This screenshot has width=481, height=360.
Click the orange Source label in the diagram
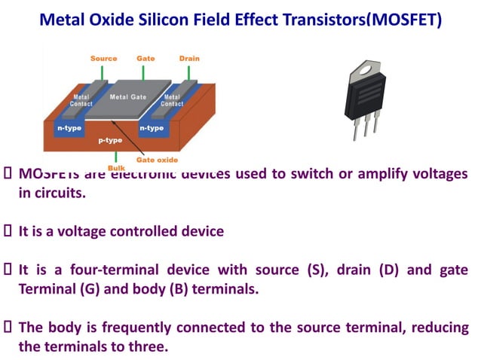[103, 58]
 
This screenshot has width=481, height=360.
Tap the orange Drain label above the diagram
[189, 58]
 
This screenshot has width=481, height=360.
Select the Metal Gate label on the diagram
[128, 96]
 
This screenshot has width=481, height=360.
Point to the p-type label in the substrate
[110, 141]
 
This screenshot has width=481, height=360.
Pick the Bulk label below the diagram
[116, 167]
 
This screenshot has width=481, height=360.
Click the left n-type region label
[70, 128]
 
